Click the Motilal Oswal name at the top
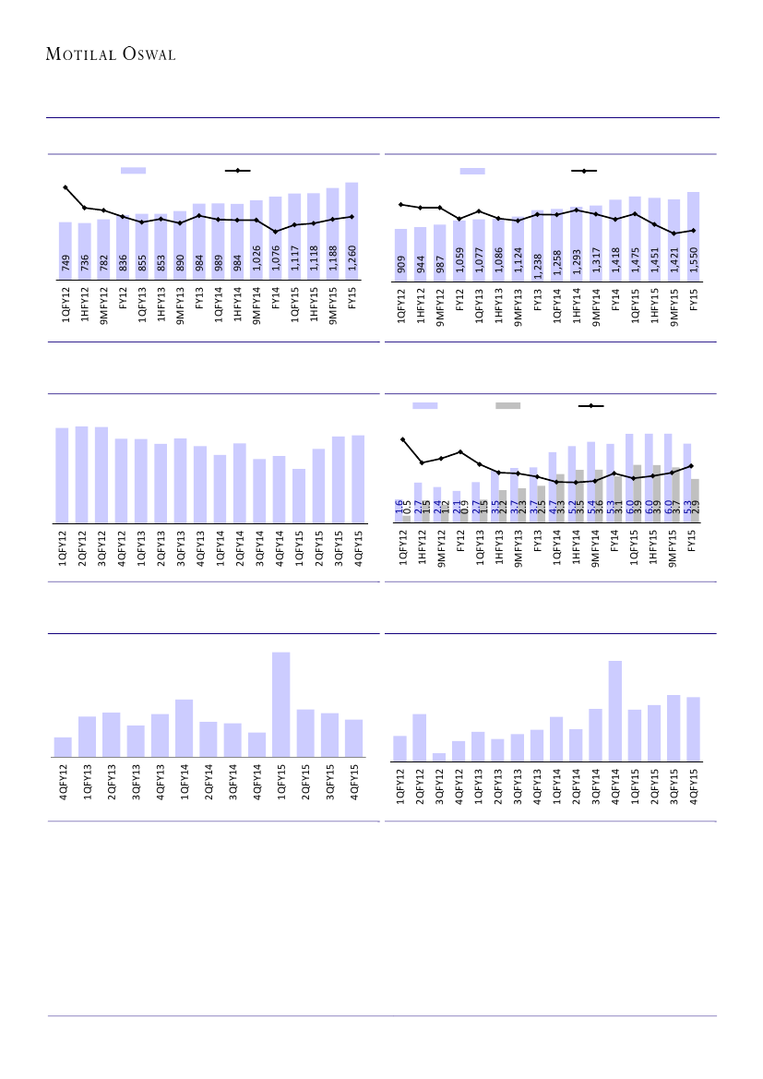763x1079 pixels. click(x=111, y=54)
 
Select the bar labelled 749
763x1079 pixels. click(x=66, y=249)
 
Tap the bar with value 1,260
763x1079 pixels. click(x=352, y=230)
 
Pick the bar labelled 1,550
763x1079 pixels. click(x=693, y=234)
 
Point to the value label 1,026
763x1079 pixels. click(x=256, y=258)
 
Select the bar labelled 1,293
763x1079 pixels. click(x=576, y=242)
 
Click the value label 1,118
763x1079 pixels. click(x=314, y=258)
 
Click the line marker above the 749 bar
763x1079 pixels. click(x=66, y=187)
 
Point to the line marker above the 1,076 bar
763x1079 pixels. click(x=276, y=232)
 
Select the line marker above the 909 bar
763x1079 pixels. click(x=401, y=204)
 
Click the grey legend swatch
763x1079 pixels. click(x=507, y=405)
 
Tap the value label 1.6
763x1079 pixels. click(x=399, y=507)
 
